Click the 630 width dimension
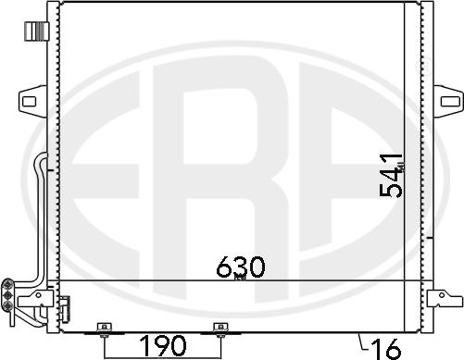click(x=240, y=267)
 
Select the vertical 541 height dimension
click(x=393, y=176)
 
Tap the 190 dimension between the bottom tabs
click(x=162, y=346)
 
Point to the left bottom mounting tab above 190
click(x=104, y=328)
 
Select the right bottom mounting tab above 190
click(x=219, y=328)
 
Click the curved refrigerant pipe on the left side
click(x=38, y=213)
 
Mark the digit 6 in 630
click(x=223, y=267)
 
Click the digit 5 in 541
click(x=393, y=189)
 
